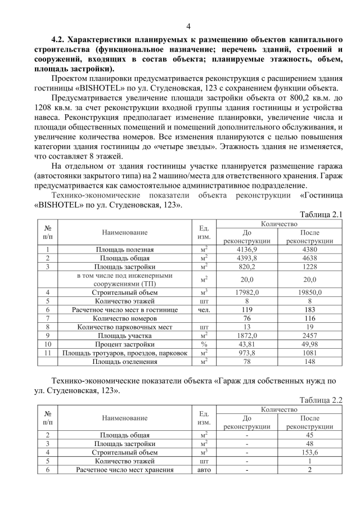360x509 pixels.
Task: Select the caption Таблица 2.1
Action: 321,214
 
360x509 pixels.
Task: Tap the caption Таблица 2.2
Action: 321,400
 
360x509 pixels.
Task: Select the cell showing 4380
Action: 309,249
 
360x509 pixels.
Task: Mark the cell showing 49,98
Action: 309,343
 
